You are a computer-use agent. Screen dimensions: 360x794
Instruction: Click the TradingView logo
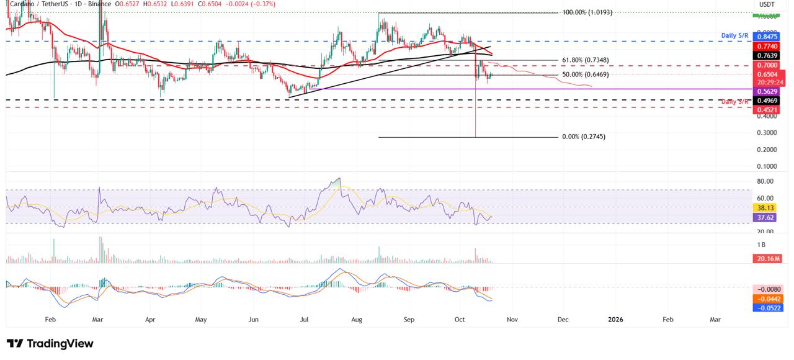point(50,343)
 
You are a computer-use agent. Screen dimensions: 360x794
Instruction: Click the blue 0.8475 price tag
point(769,36)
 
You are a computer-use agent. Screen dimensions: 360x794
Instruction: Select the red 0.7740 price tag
point(769,46)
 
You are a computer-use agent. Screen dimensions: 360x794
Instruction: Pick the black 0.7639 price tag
point(769,55)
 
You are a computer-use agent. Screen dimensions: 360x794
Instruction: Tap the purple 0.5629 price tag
point(769,91)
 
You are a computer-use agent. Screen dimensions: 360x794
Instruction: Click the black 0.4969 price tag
point(769,100)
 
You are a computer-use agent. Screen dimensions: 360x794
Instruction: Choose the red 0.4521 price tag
point(769,109)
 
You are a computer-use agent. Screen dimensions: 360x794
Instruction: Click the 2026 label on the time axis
point(615,319)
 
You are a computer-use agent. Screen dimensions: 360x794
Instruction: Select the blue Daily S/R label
point(735,36)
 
